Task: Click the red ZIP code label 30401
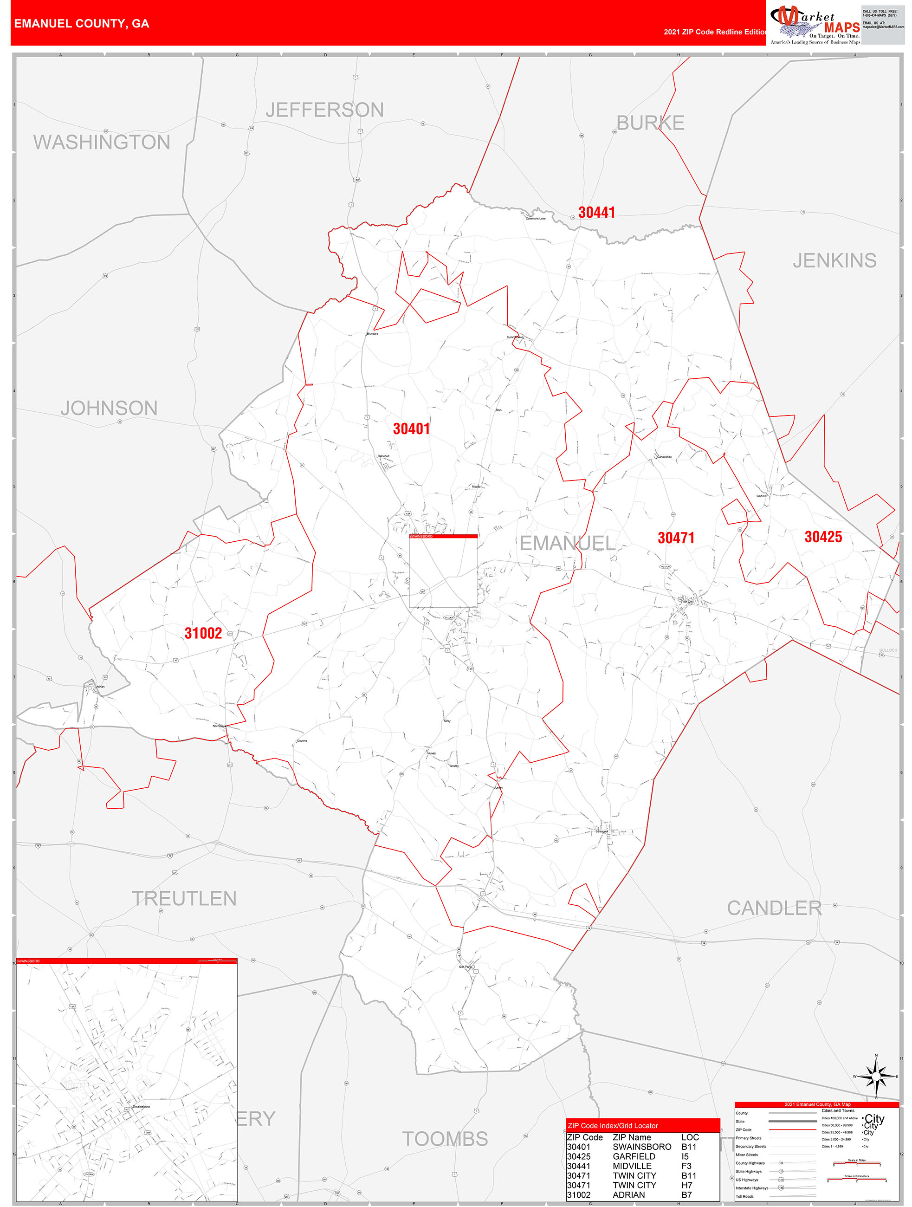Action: coord(411,429)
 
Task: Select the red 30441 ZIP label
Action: coord(596,212)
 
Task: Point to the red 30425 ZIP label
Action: coord(822,537)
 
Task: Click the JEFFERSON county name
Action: coord(324,110)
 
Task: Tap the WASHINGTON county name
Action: coord(102,142)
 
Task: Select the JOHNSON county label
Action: coord(109,408)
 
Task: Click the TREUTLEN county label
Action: coord(184,899)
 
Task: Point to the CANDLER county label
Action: coord(774,908)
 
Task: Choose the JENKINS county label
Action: coord(834,260)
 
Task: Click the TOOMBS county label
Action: coord(445,1139)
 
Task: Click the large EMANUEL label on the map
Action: coord(567,543)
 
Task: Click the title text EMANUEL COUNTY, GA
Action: coord(82,24)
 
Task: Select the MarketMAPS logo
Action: coord(815,24)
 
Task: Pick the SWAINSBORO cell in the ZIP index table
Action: coord(641,1147)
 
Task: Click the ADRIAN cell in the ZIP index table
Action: coord(628,1195)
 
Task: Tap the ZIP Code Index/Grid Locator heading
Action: coord(613,1126)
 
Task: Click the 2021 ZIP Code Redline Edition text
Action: coord(715,32)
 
